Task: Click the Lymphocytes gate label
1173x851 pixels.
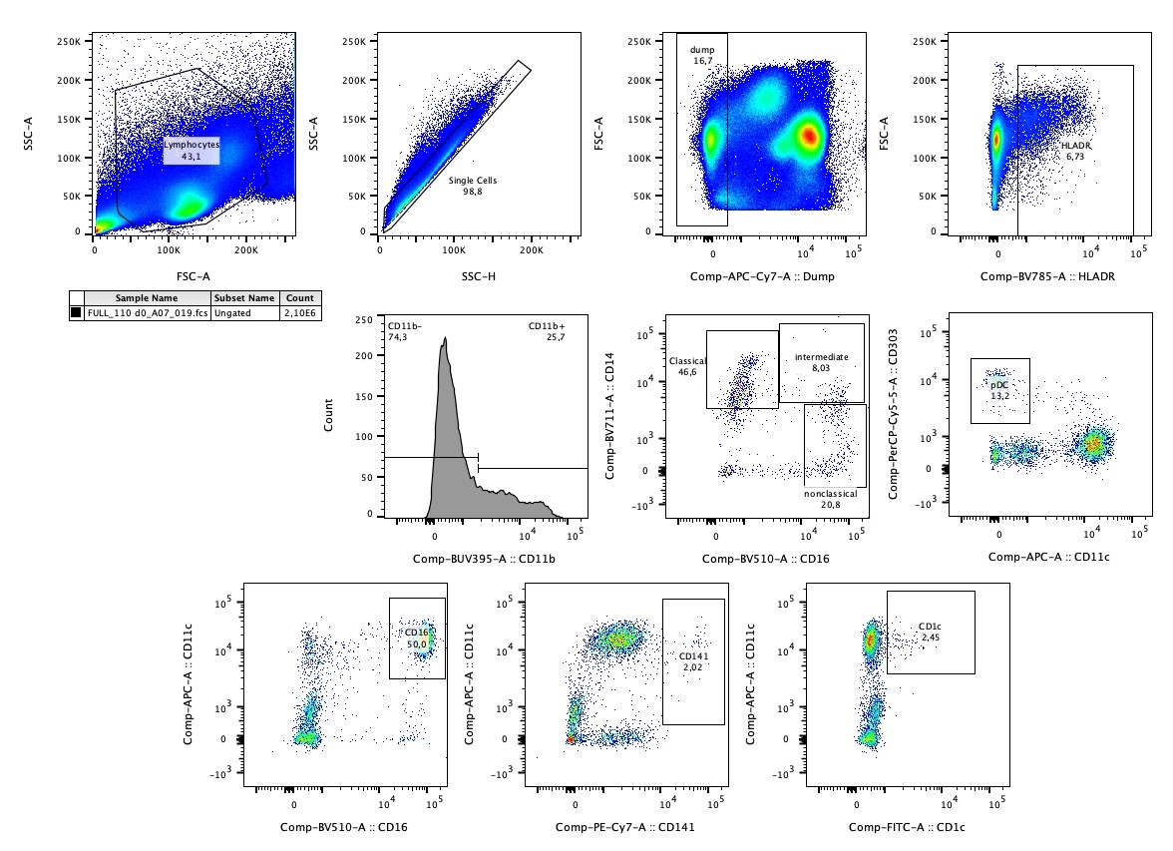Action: point(192,146)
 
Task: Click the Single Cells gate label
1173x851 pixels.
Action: point(473,181)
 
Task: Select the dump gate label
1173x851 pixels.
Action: point(703,49)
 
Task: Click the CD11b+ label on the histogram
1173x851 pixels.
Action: point(547,326)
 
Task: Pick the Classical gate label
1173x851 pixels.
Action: point(688,361)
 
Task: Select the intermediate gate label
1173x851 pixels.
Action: point(822,356)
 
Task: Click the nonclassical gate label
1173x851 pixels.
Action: point(830,494)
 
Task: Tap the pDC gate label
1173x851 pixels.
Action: point(999,384)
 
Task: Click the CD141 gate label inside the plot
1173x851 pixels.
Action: point(693,656)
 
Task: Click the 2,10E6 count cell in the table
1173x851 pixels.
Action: point(298,313)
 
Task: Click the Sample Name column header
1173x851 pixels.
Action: point(146,298)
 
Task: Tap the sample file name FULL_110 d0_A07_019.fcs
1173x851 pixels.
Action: point(147,313)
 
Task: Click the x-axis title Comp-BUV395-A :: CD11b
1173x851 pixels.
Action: point(484,558)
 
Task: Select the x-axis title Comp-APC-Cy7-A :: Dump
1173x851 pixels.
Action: point(767,277)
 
